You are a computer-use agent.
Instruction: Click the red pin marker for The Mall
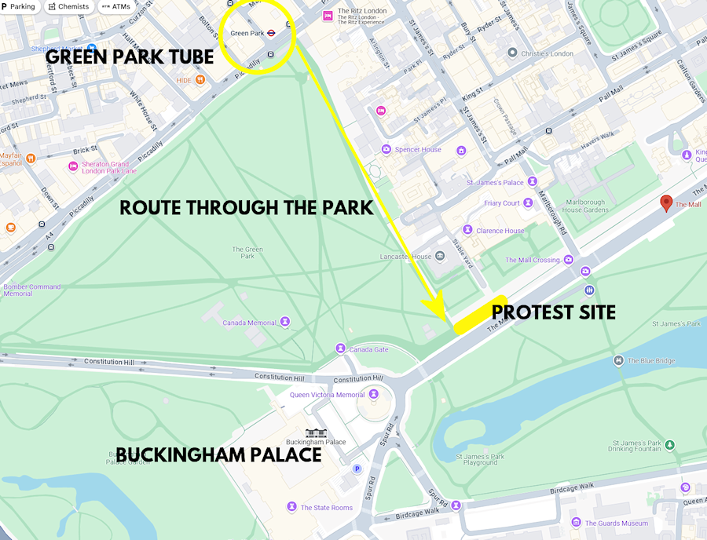pyautogui.click(x=667, y=202)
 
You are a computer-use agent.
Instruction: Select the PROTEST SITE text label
pyautogui.click(x=553, y=312)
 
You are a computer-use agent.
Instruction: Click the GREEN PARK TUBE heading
pyautogui.click(x=130, y=57)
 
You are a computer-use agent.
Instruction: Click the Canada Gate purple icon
pyautogui.click(x=340, y=348)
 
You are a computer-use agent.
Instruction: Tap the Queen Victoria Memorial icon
pyautogui.click(x=374, y=394)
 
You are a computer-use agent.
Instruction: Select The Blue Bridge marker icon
pyautogui.click(x=619, y=360)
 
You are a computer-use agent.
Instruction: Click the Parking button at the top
pyautogui.click(x=20, y=6)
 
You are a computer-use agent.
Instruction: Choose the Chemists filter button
pyautogui.click(x=68, y=6)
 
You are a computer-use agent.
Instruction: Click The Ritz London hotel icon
pyautogui.click(x=328, y=16)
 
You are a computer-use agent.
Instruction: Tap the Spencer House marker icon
pyautogui.click(x=386, y=149)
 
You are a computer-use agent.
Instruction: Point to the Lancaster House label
pyautogui.click(x=405, y=257)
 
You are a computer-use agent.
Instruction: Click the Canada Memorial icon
pyautogui.click(x=285, y=322)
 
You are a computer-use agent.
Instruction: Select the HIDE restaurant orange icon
pyautogui.click(x=201, y=79)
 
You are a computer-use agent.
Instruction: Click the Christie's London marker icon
pyautogui.click(x=512, y=53)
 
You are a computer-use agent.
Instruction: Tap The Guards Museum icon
pyautogui.click(x=577, y=523)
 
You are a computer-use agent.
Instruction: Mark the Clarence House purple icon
pyautogui.click(x=467, y=230)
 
